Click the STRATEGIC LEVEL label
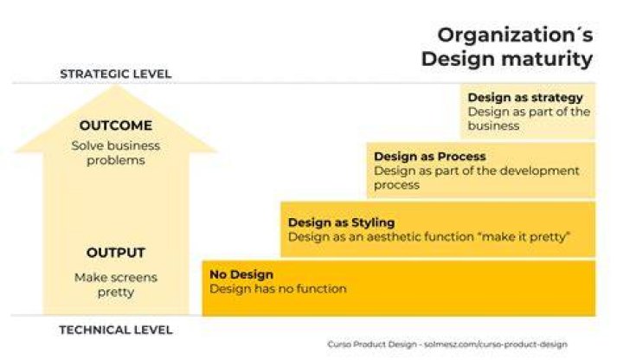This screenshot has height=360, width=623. (x=116, y=74)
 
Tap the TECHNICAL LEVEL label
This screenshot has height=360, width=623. (x=116, y=330)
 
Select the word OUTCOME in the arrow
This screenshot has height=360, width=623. (x=116, y=125)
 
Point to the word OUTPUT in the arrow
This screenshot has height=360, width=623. (x=116, y=253)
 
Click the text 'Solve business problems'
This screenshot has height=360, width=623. (x=116, y=153)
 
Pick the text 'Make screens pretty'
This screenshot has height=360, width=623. (x=116, y=285)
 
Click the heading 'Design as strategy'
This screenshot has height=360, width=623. (x=525, y=97)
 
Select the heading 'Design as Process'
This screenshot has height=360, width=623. (x=429, y=156)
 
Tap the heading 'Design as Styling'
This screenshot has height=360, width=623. (x=341, y=222)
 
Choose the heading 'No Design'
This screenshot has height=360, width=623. (x=241, y=274)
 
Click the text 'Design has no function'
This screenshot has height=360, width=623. (x=278, y=288)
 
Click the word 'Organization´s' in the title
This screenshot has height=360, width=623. (x=515, y=35)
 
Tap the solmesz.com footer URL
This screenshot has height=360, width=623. (x=496, y=344)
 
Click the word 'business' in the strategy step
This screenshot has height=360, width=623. (x=493, y=126)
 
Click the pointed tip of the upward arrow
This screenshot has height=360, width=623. (x=116, y=86)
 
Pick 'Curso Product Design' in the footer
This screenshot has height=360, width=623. (x=372, y=344)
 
